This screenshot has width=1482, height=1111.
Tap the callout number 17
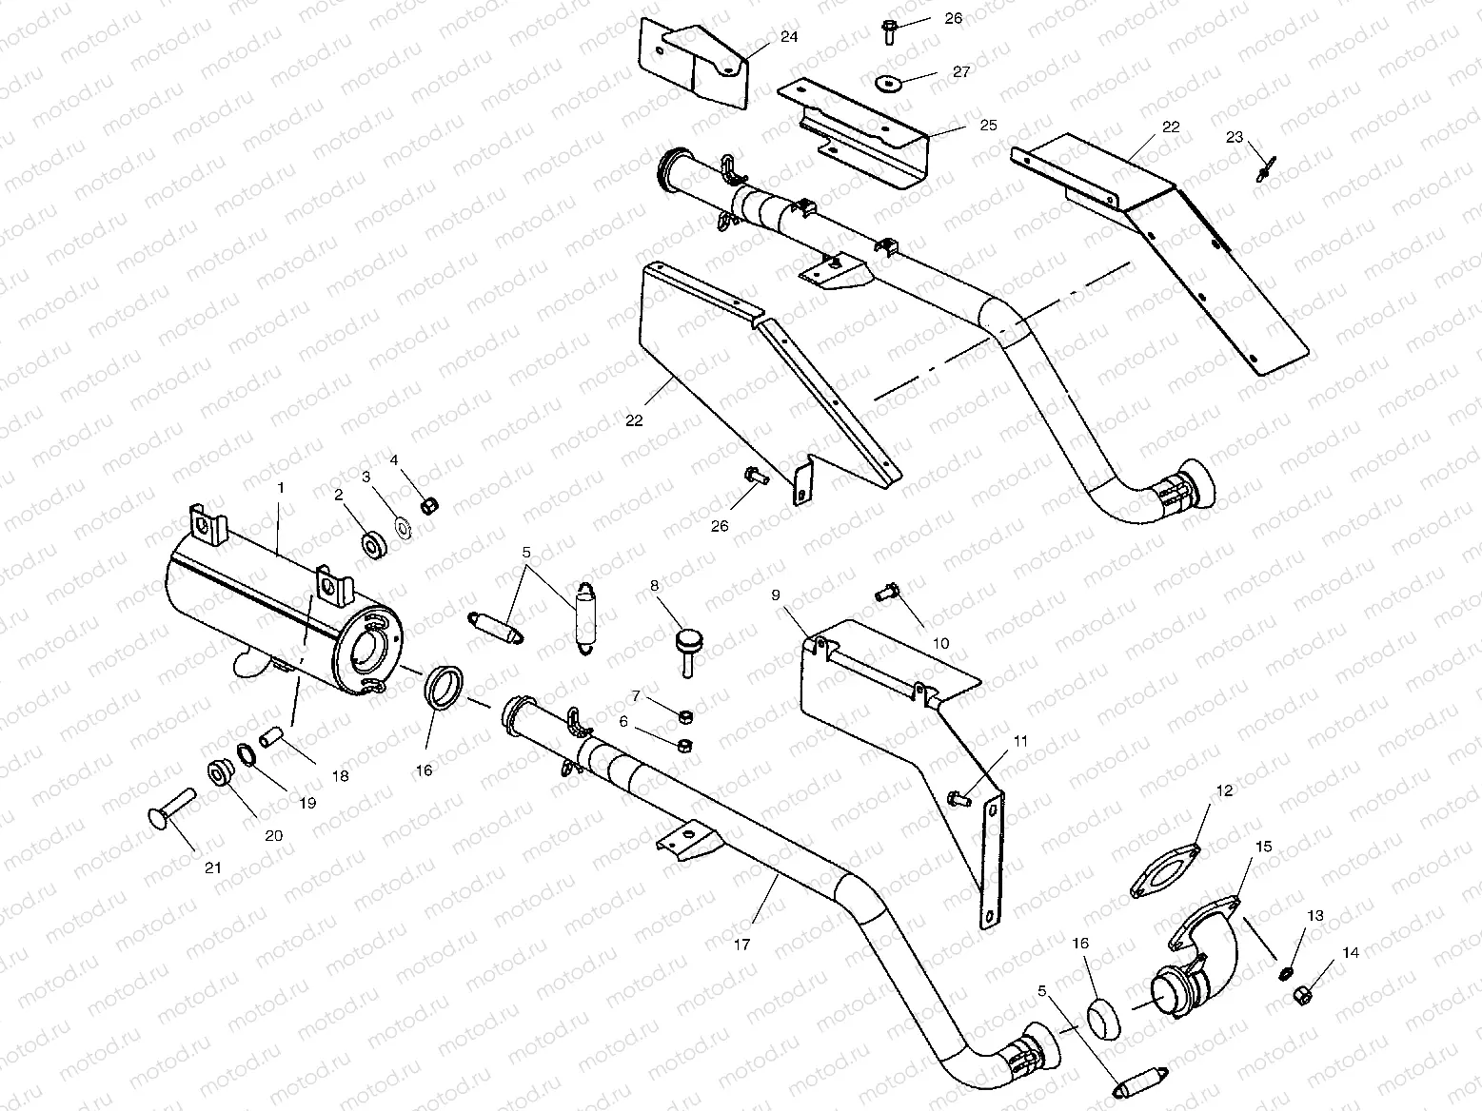click(x=742, y=945)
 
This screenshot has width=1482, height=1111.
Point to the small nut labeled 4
click(x=428, y=502)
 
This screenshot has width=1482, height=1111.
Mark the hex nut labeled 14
click(x=1301, y=996)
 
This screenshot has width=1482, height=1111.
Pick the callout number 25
click(x=987, y=125)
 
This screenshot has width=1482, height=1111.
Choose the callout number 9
click(x=776, y=594)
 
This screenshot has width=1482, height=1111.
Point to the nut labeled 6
click(x=682, y=745)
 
